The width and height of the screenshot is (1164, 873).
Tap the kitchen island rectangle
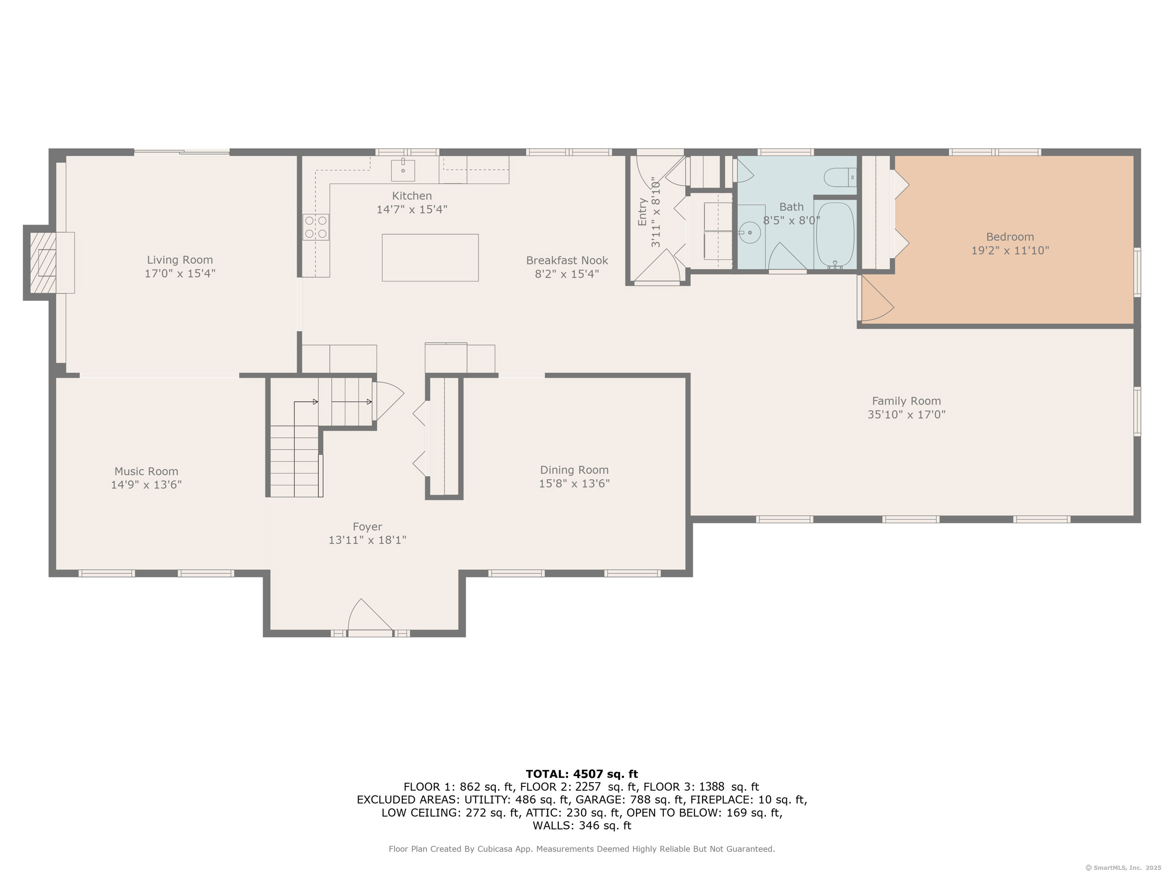[430, 258]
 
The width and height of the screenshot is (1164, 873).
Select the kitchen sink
[403, 169]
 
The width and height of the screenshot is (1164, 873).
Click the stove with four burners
[316, 227]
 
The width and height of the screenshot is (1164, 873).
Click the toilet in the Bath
[840, 177]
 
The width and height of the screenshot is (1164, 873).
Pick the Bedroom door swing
[878, 298]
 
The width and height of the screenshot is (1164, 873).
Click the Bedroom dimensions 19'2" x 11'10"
[1010, 250]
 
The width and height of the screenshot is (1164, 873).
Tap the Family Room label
[906, 401]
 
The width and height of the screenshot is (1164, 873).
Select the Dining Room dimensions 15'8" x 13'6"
[574, 483]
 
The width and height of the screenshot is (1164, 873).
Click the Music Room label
[146, 472]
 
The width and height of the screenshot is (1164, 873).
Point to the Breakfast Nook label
[567, 260]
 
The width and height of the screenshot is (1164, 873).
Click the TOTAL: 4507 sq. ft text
[582, 774]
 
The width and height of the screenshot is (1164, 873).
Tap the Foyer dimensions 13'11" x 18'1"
[367, 540]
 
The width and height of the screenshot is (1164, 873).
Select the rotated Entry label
[642, 212]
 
